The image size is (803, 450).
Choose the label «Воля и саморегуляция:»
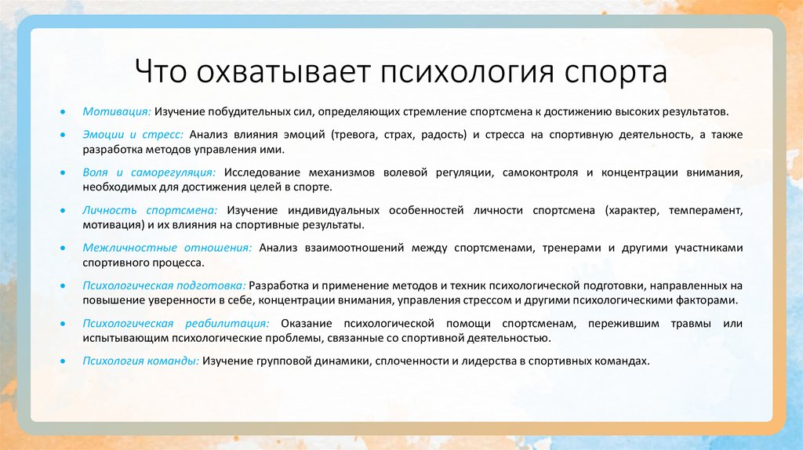(150, 172)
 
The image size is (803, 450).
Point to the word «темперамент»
(703, 210)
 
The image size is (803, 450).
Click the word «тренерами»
(568, 248)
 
